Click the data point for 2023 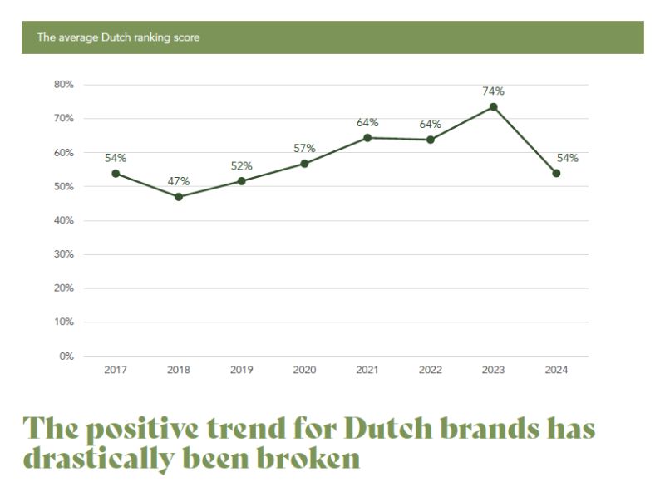coord(493,106)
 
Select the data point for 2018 coord(179,197)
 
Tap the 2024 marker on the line coord(556,173)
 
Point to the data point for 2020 coord(304,164)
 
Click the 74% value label coord(493,91)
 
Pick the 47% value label coord(179,181)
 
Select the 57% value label coord(304,148)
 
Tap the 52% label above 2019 coord(242,165)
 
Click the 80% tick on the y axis coord(63,85)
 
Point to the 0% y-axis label coord(66,356)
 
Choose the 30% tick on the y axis coord(63,254)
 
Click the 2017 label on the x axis coord(116,371)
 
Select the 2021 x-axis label coord(367,371)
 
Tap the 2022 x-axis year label coord(430,371)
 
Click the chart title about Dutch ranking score coord(118,37)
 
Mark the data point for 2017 coord(116,173)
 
